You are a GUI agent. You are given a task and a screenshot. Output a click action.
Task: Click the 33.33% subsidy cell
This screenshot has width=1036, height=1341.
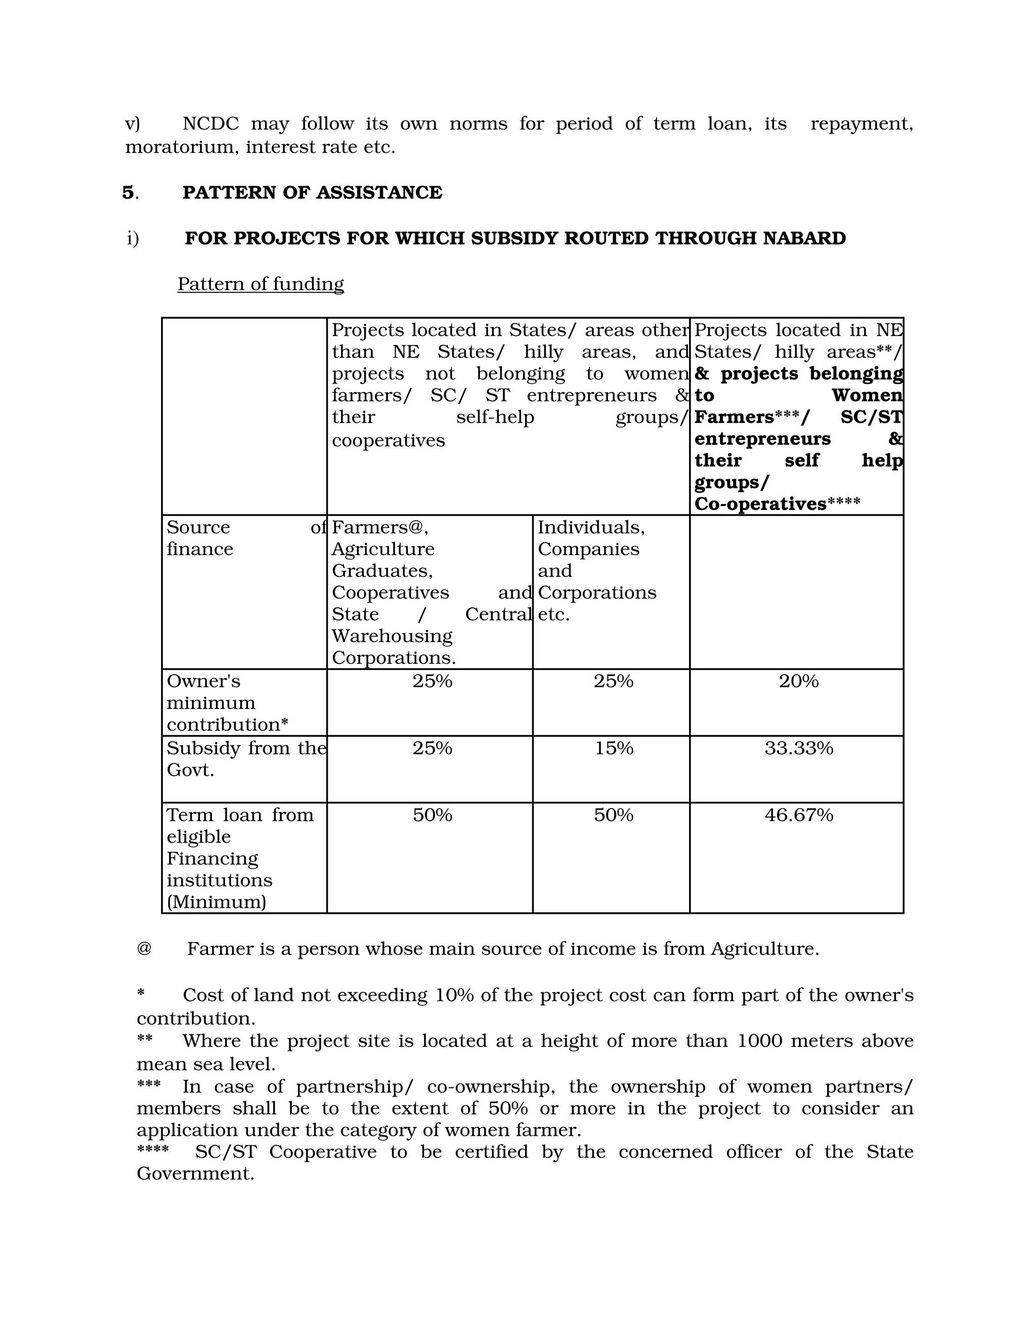pyautogui.click(x=798, y=748)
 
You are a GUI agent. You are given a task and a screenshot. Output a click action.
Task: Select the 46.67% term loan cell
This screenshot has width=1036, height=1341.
pyautogui.click(x=798, y=815)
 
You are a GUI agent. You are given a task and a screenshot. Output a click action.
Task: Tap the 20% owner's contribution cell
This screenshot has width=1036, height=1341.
pyautogui.click(x=798, y=681)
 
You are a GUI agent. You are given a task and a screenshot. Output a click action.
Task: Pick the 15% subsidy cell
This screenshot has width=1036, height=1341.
pyautogui.click(x=613, y=748)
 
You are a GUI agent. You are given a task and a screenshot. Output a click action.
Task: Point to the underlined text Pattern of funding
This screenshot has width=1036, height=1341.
pyautogui.click(x=260, y=284)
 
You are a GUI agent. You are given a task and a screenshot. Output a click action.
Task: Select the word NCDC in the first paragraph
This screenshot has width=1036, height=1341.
pyautogui.click(x=210, y=124)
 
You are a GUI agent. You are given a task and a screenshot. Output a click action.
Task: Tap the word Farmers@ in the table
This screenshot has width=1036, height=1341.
pyautogui.click(x=379, y=527)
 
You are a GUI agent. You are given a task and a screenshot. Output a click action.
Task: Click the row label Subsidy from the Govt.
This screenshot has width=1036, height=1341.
pyautogui.click(x=245, y=759)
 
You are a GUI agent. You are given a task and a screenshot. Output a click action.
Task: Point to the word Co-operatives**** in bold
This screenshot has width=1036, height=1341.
pyautogui.click(x=777, y=504)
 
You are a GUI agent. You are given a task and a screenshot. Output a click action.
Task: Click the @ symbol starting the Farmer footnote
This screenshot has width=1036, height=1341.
pyautogui.click(x=144, y=949)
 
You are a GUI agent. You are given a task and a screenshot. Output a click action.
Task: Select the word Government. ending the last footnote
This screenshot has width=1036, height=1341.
pyautogui.click(x=195, y=1174)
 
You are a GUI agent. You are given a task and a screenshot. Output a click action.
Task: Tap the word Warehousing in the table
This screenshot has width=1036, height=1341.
pyautogui.click(x=392, y=636)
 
